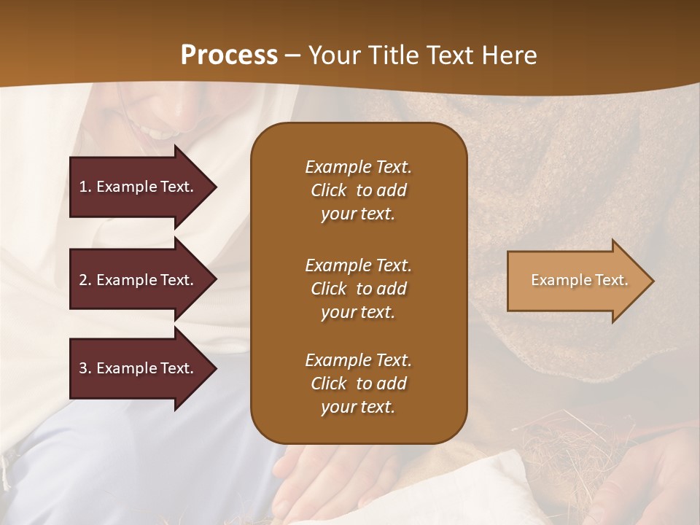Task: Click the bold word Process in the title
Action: (x=229, y=55)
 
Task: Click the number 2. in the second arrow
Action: (x=85, y=280)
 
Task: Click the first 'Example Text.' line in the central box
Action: (x=358, y=167)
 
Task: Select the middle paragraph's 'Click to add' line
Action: (x=358, y=289)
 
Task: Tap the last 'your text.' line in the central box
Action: (x=358, y=408)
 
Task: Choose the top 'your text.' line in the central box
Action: (x=358, y=214)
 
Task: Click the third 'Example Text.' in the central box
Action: (x=358, y=360)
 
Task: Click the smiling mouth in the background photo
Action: (x=157, y=133)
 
